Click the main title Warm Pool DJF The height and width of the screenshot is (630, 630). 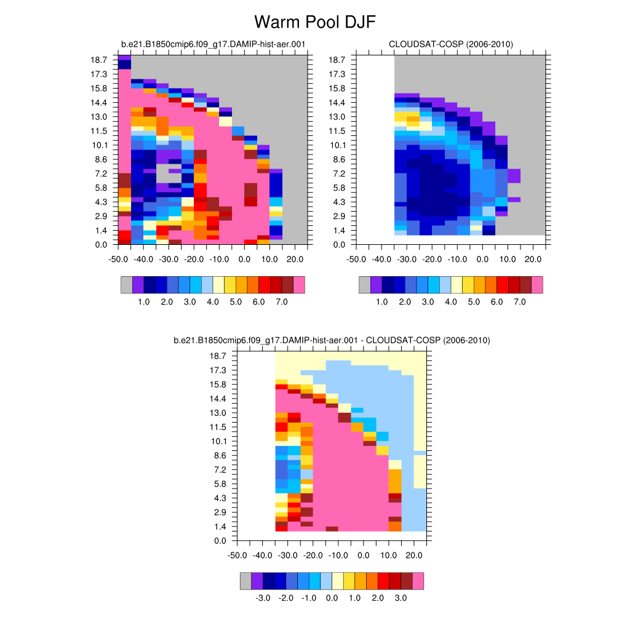(x=314, y=23)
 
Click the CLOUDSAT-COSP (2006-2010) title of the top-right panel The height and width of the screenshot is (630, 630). (x=451, y=44)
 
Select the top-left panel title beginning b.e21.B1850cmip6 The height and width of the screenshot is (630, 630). (x=213, y=44)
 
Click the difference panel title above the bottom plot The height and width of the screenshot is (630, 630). (x=332, y=340)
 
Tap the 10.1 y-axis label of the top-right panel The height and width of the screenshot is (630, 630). (x=337, y=145)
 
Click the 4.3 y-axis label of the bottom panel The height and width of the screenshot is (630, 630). (x=218, y=498)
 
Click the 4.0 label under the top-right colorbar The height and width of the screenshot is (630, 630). (x=451, y=303)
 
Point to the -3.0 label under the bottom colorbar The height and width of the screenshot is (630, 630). (x=263, y=597)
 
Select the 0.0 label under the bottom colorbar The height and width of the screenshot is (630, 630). (x=332, y=597)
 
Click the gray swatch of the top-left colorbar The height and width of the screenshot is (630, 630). (x=127, y=285)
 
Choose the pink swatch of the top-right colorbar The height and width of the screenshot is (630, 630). (x=537, y=285)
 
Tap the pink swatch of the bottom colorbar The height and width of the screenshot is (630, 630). (x=418, y=581)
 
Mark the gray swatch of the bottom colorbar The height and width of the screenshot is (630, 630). (x=245, y=581)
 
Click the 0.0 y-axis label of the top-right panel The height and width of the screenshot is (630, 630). (x=339, y=244)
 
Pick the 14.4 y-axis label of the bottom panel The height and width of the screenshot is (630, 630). (x=218, y=399)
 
